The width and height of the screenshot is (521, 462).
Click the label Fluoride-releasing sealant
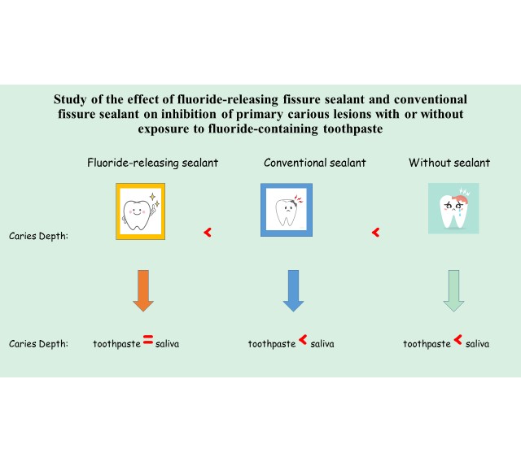152,163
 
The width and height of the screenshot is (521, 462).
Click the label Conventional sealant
315,163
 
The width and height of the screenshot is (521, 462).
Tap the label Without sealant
449,163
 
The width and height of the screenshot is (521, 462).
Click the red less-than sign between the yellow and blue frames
208,233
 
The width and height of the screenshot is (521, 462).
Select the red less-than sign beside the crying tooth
375,233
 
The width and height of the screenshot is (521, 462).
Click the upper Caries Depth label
38,237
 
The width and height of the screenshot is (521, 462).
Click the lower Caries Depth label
38,344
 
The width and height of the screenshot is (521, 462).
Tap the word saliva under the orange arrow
168,344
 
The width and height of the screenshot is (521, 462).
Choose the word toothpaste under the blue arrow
272,344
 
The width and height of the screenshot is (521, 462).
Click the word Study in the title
74,99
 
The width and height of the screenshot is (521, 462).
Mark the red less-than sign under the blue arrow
303,342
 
